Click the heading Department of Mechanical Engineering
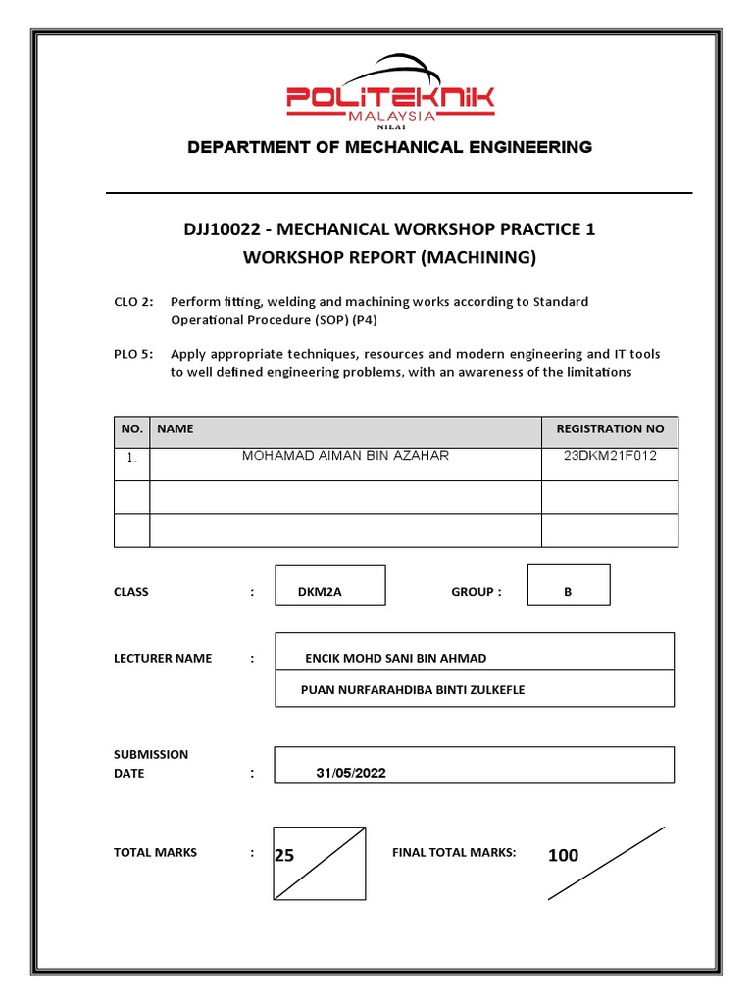coord(389,147)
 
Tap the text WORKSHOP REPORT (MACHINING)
coord(390,257)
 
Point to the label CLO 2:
coord(133,302)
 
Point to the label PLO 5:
coord(133,353)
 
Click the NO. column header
coord(132,429)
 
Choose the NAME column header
coord(176,429)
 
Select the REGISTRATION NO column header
coord(610,429)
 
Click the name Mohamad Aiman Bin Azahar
coord(345,456)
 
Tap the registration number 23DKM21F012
coord(610,456)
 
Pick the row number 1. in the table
coord(131,458)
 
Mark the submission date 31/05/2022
coord(351,773)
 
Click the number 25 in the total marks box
coord(284,856)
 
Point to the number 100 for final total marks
coord(563,856)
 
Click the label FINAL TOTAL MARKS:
coord(454,853)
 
